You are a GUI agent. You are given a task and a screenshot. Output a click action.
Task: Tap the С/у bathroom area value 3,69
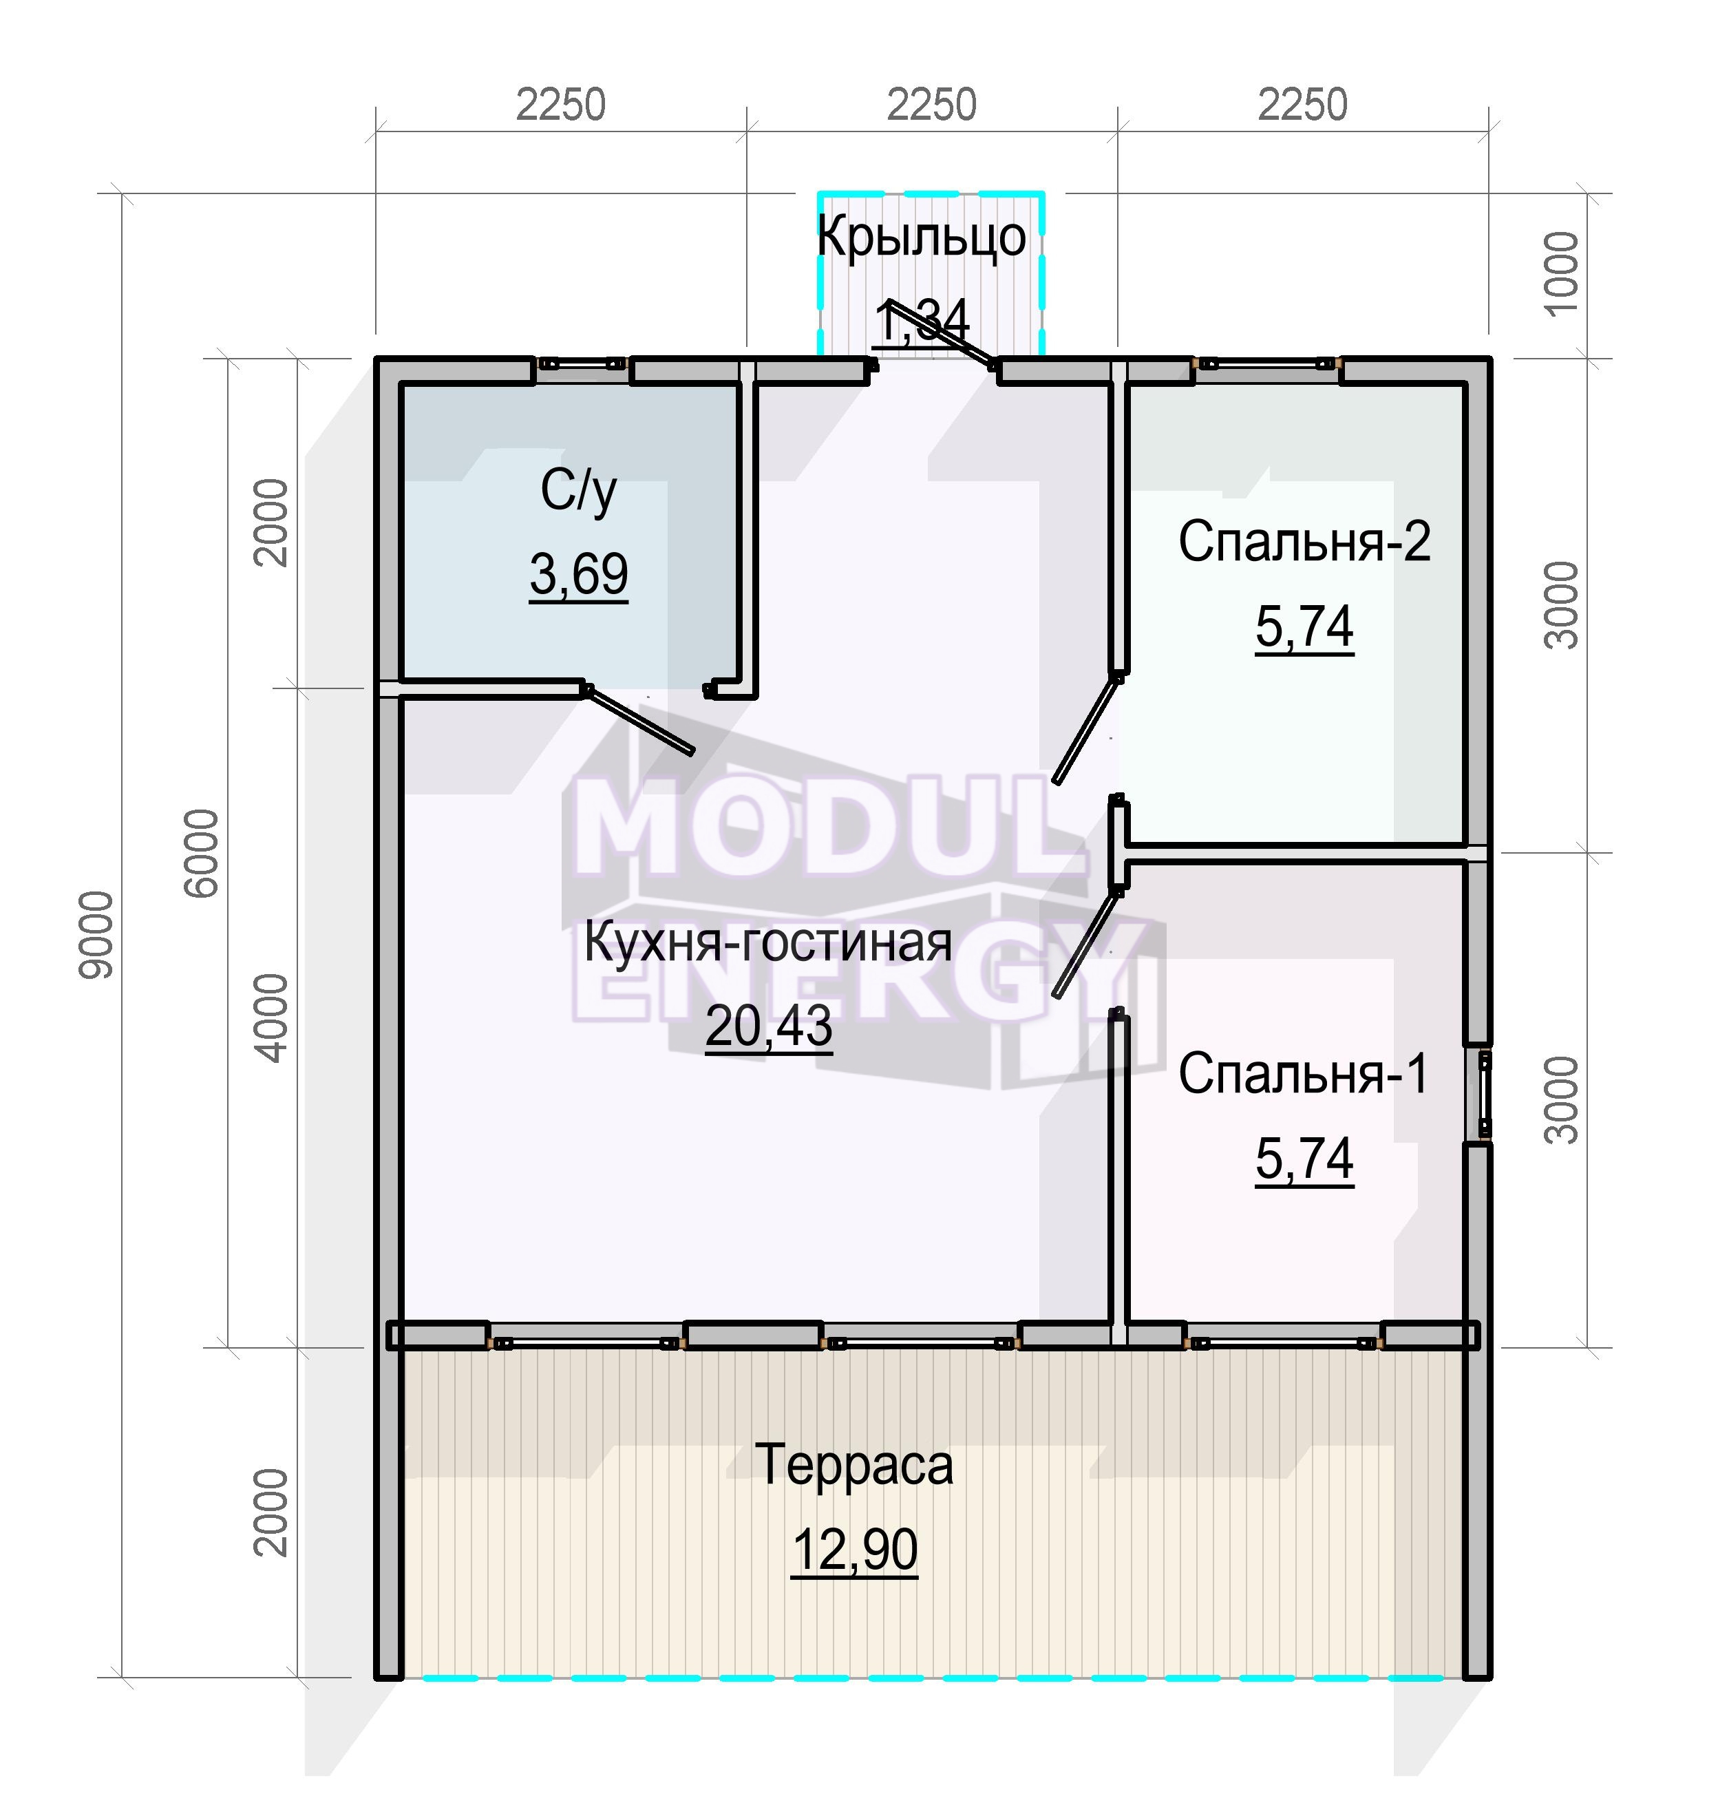click(x=578, y=575)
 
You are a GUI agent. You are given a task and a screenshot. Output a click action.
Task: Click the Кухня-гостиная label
click(x=768, y=942)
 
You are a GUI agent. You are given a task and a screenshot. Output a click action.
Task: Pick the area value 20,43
click(x=769, y=1026)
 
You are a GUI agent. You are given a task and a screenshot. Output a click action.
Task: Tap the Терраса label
click(x=854, y=1464)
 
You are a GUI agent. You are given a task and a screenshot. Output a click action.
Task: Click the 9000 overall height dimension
click(x=96, y=935)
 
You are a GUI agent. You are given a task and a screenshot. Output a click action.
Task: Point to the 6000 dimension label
click(x=202, y=852)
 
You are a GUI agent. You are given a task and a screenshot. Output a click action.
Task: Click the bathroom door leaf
click(x=638, y=719)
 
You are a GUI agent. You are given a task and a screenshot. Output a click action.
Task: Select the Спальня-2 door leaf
click(x=1086, y=728)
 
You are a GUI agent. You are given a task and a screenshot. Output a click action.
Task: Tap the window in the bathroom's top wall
click(x=582, y=364)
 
